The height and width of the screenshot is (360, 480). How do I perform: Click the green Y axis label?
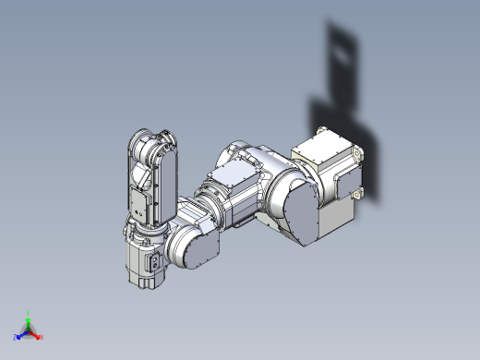click(29, 313)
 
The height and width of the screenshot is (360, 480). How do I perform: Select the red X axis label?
click(42, 337)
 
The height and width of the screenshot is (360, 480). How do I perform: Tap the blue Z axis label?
click(16, 338)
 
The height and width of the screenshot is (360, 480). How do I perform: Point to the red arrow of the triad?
click(35, 334)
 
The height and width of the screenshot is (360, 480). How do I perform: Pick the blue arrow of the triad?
click(22, 334)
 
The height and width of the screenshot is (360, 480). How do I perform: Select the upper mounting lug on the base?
click(319, 131)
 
